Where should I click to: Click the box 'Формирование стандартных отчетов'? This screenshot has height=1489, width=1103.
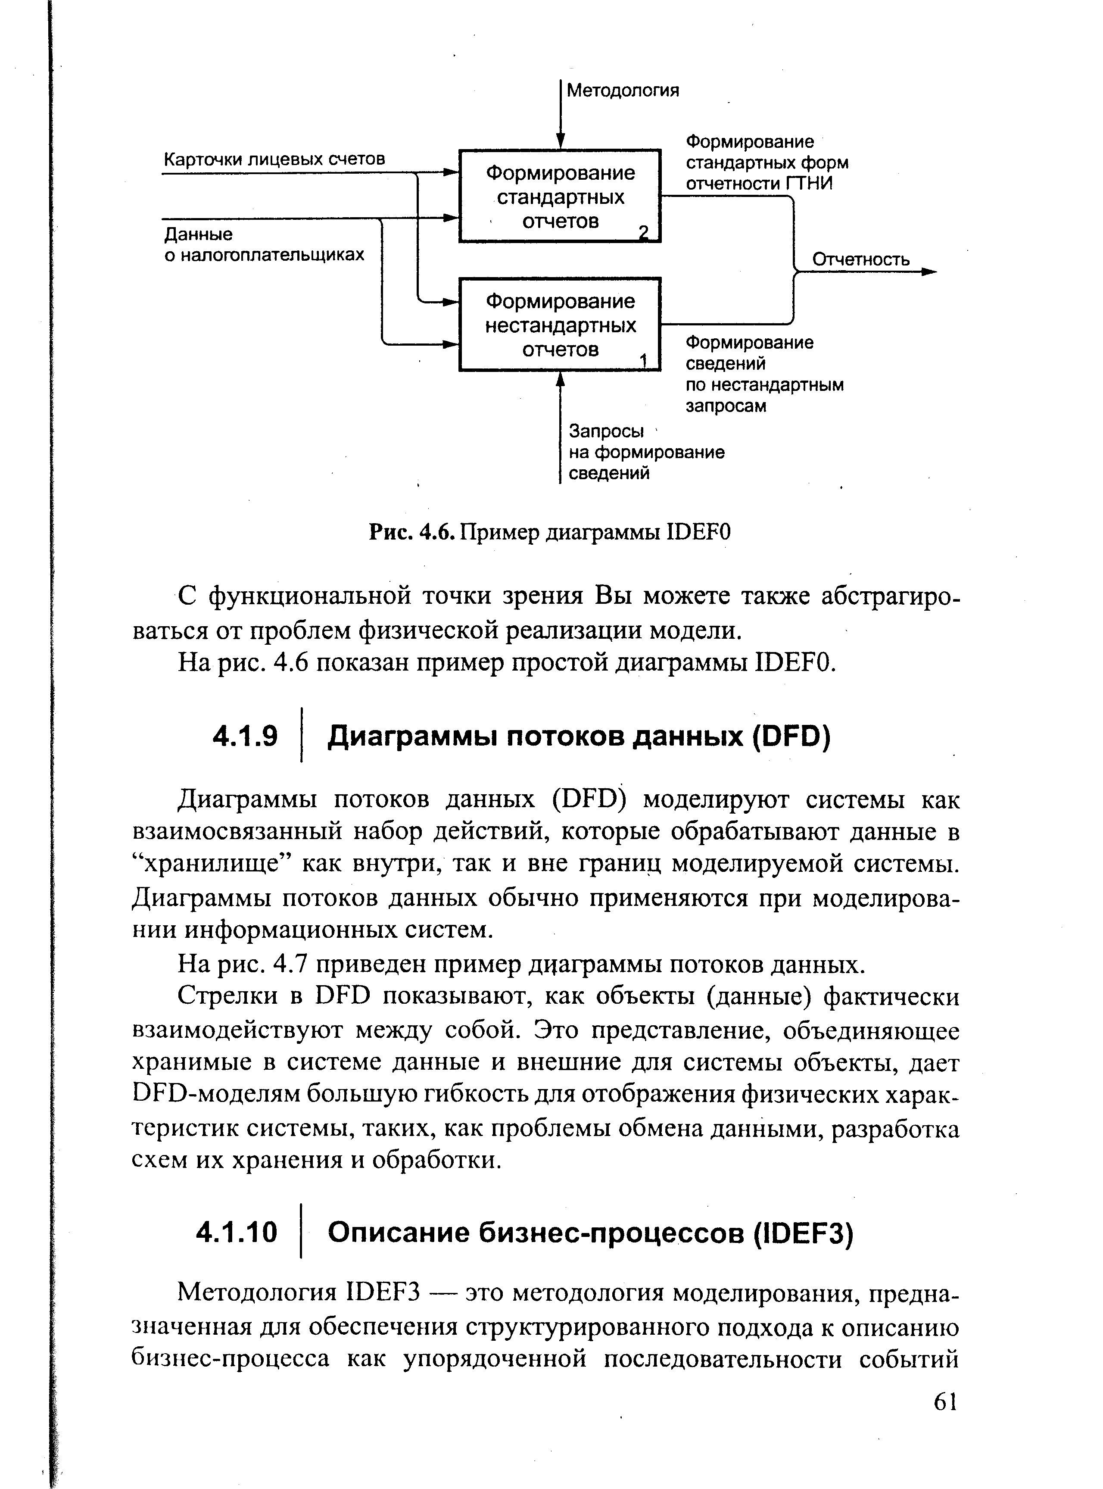click(560, 196)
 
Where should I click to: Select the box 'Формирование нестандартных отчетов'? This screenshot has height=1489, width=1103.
click(560, 325)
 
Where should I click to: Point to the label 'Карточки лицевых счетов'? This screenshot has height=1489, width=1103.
click(274, 159)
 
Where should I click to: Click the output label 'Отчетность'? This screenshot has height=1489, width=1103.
click(860, 260)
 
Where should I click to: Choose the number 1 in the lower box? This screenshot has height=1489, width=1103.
click(644, 361)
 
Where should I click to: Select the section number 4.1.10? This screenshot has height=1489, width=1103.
click(237, 1233)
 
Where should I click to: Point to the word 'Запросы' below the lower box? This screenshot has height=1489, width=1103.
click(606, 431)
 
